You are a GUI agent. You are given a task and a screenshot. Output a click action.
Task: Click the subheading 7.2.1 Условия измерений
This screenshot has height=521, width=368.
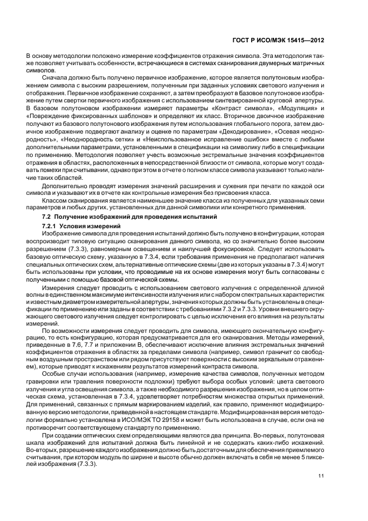click(x=81, y=227)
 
